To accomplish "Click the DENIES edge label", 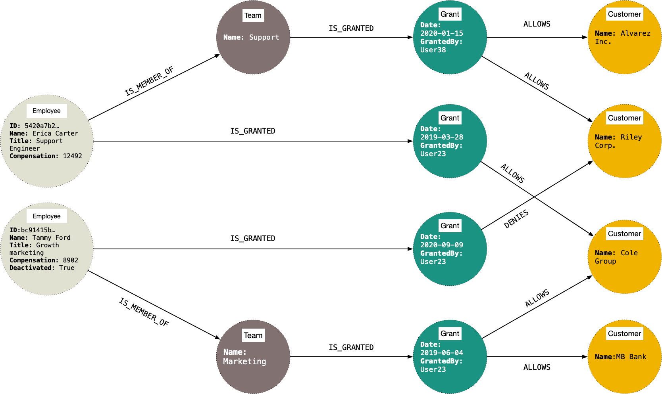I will tap(516, 219).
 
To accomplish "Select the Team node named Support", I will tap(253, 37).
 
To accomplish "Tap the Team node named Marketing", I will tap(253, 357).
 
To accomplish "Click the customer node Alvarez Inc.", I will tap(624, 37).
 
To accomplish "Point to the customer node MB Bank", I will tap(624, 357).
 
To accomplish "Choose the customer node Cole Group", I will tap(624, 257).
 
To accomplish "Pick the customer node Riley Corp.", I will tap(624, 141).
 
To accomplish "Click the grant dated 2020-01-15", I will tap(450, 37).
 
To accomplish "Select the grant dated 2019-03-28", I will tap(450, 141).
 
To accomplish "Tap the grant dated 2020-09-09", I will tap(450, 249).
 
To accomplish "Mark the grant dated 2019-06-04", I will tap(450, 357).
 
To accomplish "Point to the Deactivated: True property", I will tap(42, 268).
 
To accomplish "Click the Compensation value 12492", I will tap(72, 156).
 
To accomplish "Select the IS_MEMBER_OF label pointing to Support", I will tap(149, 82).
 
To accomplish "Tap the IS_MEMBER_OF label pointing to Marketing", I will tap(144, 312).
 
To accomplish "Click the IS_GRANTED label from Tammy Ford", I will tap(252, 239).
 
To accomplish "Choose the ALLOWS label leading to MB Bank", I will tap(537, 367).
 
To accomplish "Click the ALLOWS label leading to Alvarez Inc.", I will tap(537, 24).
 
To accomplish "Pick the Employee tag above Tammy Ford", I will tap(46, 216).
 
